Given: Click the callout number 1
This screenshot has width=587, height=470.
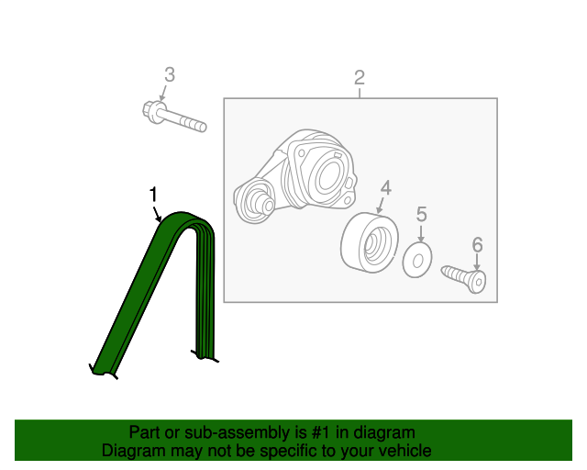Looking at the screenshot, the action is [153, 196].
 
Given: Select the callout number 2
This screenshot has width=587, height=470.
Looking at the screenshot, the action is [360, 78].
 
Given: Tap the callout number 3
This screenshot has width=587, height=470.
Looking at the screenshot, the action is [170, 74].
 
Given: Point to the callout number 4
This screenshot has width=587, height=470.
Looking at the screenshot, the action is [385, 188].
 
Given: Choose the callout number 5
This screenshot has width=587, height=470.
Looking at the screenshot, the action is [422, 215].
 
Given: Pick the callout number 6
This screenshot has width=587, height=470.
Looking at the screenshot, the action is [477, 245].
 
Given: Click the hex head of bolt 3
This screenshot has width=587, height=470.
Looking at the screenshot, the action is [151, 110].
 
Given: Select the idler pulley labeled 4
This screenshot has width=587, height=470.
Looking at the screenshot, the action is [370, 241].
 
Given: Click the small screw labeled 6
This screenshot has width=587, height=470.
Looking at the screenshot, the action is [463, 278].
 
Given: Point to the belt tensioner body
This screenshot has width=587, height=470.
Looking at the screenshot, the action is [295, 176].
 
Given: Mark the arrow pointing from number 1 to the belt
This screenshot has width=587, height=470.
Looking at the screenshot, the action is [157, 213].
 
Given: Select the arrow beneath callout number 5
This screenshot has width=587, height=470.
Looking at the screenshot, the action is [421, 234].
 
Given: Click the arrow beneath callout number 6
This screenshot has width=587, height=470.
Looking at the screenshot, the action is [477, 262].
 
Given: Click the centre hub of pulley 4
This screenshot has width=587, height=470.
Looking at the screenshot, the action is [371, 245].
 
